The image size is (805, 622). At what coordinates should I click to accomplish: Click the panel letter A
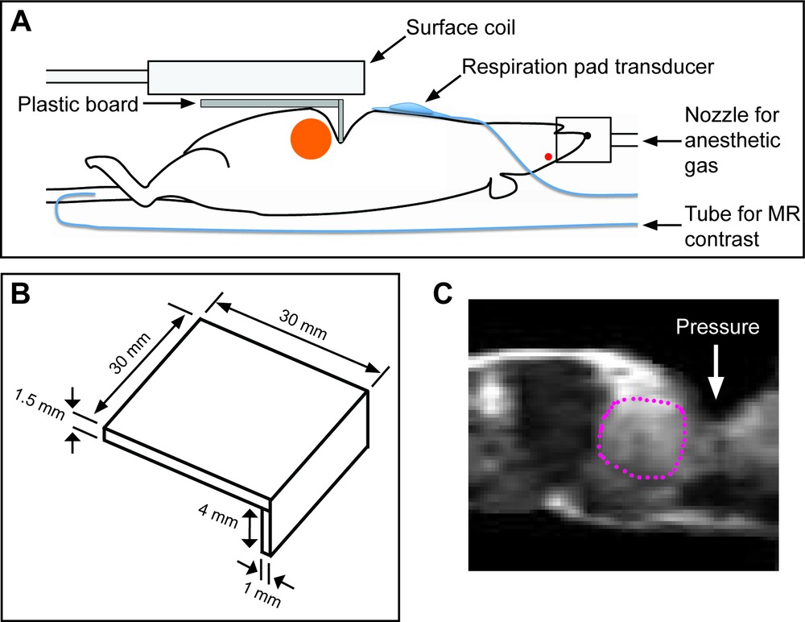coord(22,23)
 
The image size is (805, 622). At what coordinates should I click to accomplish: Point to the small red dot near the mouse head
coord(548,155)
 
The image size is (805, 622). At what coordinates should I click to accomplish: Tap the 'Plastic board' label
coord(81,104)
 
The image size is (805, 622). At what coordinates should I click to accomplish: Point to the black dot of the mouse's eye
coord(587,135)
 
